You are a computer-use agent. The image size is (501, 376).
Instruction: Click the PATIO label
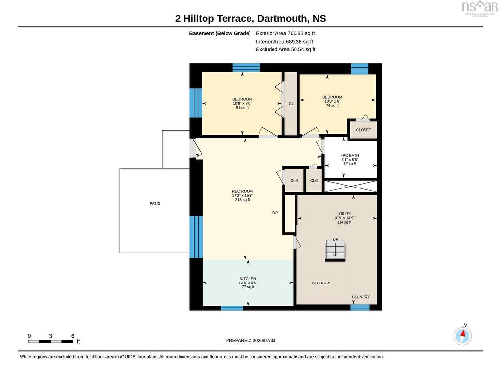click(x=155, y=203)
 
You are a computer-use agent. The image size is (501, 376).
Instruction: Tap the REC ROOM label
click(x=243, y=191)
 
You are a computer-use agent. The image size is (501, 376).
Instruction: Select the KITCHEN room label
click(x=248, y=279)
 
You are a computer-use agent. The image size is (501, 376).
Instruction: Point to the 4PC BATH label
click(x=350, y=155)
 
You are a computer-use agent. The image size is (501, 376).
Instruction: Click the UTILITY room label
click(x=344, y=214)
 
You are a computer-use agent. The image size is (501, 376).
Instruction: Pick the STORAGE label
click(x=321, y=283)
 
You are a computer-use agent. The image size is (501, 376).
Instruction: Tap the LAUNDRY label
click(x=361, y=297)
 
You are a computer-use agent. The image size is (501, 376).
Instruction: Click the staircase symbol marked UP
click(x=335, y=250)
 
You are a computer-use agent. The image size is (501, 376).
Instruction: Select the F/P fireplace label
click(x=275, y=213)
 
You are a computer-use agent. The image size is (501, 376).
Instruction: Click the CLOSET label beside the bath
click(x=364, y=130)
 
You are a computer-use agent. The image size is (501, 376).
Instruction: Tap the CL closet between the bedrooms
click(x=291, y=104)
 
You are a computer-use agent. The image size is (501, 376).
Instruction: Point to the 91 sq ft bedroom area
click(x=242, y=108)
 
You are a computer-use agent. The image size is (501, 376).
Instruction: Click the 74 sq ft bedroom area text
click(x=332, y=106)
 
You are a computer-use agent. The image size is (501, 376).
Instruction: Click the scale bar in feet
click(x=50, y=341)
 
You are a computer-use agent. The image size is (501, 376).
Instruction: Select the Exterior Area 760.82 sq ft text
click(x=285, y=33)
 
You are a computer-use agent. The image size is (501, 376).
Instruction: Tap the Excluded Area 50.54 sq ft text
click(x=286, y=49)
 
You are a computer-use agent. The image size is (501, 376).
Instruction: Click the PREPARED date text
click(x=250, y=341)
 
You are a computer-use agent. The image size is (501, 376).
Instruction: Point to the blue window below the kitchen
click(x=231, y=308)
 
